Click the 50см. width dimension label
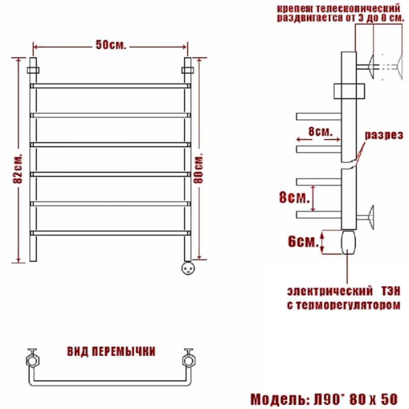111,45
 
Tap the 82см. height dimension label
18,169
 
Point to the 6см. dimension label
303,241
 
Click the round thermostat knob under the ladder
188,268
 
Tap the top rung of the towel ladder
110,86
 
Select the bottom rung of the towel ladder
110,233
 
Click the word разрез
384,135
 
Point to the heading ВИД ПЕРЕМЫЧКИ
111,351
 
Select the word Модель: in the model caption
280,399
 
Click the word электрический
330,291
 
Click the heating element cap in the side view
349,242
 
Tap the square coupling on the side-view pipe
349,92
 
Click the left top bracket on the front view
33,70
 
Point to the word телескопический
358,9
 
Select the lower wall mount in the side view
365,217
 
